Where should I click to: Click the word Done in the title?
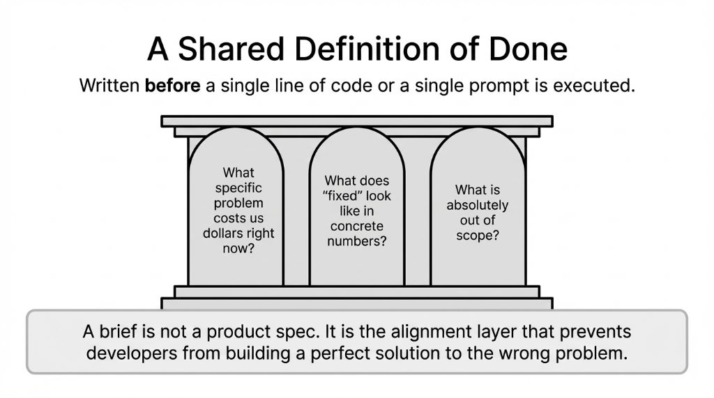coord(529,50)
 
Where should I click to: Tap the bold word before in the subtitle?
coord(172,86)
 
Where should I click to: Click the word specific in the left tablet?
coord(238,187)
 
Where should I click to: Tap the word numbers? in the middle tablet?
coord(358,241)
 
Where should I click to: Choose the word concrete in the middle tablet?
coord(358,227)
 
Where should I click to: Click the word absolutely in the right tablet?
coord(478,205)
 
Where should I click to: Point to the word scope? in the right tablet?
coord(478,235)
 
